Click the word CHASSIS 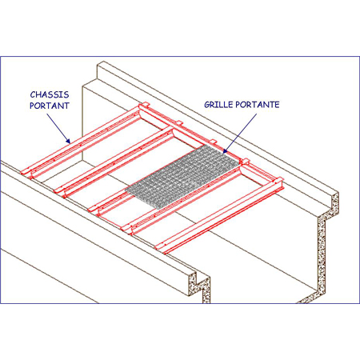(x=50, y=94)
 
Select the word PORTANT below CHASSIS (x=50, y=106)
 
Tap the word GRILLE (x=218, y=105)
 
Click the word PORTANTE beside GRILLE (x=258, y=105)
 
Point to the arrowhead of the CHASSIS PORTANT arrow (x=67, y=141)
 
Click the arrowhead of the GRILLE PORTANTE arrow (x=226, y=151)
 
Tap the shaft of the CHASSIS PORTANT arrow (x=57, y=127)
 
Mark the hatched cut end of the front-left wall (x=199, y=286)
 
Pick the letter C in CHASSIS (x=33, y=94)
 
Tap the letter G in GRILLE (x=207, y=105)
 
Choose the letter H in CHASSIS (x=39, y=94)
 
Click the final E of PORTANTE (x=277, y=105)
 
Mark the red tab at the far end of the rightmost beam (x=278, y=179)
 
